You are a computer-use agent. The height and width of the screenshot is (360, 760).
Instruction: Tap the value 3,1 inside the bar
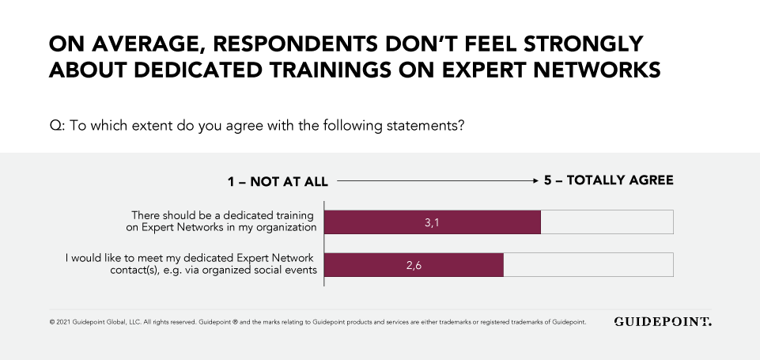tap(432, 223)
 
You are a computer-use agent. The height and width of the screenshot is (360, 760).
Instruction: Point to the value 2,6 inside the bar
tap(414, 266)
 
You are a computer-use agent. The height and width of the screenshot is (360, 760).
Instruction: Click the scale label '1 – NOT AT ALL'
tap(278, 181)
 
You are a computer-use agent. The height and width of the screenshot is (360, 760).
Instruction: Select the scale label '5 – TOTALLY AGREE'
tap(608, 180)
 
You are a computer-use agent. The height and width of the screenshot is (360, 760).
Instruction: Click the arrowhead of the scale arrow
tap(535, 181)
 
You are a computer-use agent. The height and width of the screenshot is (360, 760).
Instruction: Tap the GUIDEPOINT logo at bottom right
tap(662, 322)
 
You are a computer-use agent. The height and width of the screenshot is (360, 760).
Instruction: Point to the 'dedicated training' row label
tap(224, 222)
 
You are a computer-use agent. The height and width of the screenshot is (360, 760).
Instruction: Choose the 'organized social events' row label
tap(190, 264)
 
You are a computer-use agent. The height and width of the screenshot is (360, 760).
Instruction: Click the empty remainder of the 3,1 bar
tap(607, 222)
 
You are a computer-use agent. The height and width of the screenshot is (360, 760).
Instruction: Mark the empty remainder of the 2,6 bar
tap(588, 265)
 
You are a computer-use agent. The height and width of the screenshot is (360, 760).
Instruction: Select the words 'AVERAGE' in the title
tap(131, 44)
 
